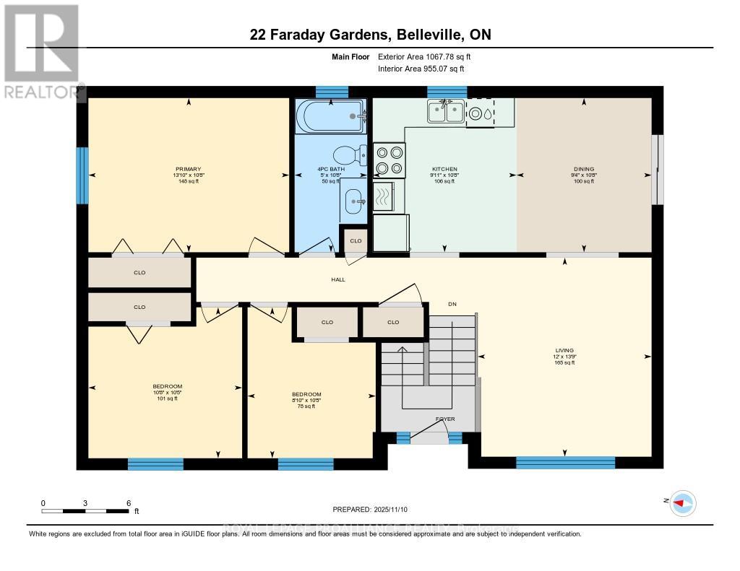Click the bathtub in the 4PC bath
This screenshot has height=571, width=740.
(330, 116)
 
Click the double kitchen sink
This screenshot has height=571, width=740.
(445, 112)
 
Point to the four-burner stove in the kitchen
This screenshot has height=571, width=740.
(390, 160)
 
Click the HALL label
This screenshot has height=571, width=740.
(338, 279)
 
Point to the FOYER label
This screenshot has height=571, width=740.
(445, 419)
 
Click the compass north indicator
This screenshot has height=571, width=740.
(682, 502)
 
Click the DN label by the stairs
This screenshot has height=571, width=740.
(452, 304)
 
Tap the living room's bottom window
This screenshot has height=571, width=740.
(565, 463)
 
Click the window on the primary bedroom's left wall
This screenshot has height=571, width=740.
(82, 175)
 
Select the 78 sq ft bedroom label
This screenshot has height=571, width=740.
(307, 400)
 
